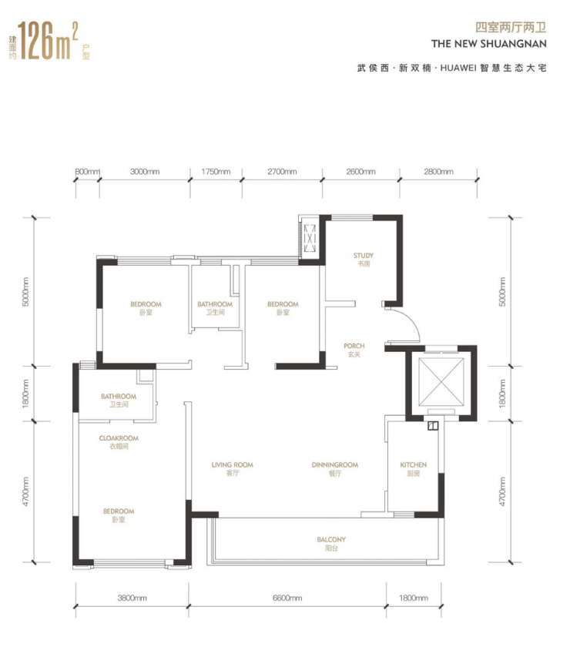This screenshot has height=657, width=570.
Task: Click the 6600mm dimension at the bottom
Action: click(287, 598)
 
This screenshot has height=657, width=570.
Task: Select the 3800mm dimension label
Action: click(132, 598)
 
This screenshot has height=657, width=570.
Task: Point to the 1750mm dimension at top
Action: click(216, 171)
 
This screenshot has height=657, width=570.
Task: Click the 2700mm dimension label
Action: click(282, 171)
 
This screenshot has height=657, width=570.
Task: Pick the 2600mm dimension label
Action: click(360, 171)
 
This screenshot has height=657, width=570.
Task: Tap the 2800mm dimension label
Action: click(438, 171)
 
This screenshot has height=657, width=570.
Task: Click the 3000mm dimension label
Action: click(145, 171)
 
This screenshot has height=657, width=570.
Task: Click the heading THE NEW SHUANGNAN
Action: click(488, 44)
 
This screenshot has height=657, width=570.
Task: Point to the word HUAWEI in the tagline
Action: click(458, 68)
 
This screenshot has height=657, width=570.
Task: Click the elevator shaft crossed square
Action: click(441, 381)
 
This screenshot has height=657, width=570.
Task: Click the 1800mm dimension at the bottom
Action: click(413, 598)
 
